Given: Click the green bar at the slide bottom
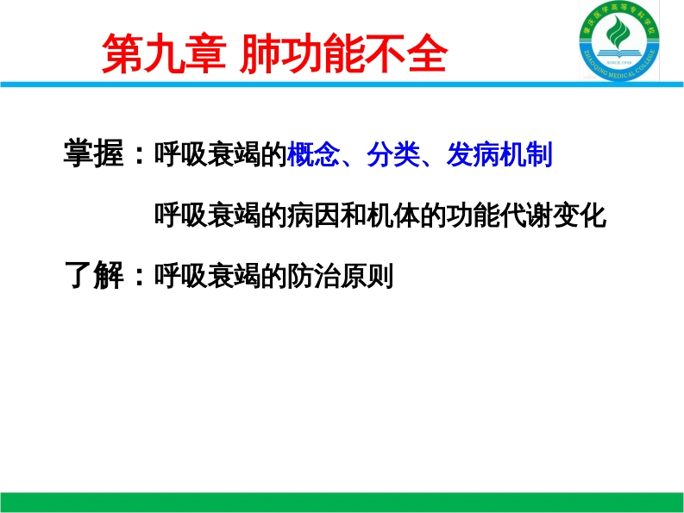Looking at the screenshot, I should pyautogui.click(x=342, y=502).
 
